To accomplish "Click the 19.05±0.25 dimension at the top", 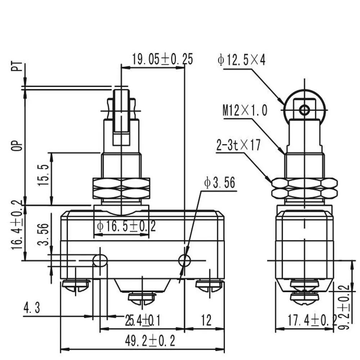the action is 162,59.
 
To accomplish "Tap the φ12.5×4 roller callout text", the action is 241,60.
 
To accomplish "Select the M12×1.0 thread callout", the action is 245,110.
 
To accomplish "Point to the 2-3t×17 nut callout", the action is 239,145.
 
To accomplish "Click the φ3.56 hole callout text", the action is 220,183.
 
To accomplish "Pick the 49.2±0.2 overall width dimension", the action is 150,341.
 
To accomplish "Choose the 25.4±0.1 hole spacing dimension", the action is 143,320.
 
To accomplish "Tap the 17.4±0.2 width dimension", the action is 312,320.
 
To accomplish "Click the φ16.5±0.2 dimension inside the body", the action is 126,226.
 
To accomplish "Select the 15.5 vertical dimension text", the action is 44,175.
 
